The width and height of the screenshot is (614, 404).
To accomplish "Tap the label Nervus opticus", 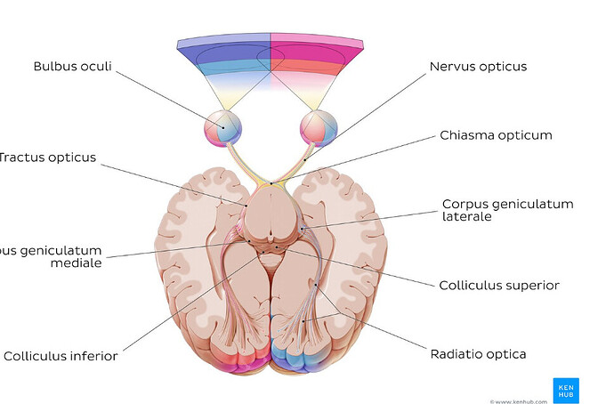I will [x=478, y=67].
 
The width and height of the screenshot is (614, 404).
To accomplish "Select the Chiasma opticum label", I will [x=496, y=135].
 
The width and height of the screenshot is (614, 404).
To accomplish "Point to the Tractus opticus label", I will [x=48, y=158].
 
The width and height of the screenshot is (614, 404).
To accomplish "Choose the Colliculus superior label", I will [x=499, y=286].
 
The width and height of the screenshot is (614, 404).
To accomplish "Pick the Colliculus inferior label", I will [x=61, y=356].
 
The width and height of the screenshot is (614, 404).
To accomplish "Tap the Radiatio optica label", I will [x=478, y=354].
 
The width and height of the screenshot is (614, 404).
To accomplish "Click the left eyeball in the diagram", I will [x=222, y=126].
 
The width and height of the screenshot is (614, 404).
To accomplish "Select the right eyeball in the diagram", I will [x=318, y=126].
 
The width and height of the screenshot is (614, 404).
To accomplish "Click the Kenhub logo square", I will [x=566, y=390].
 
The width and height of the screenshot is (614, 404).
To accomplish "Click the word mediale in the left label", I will [x=77, y=263].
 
